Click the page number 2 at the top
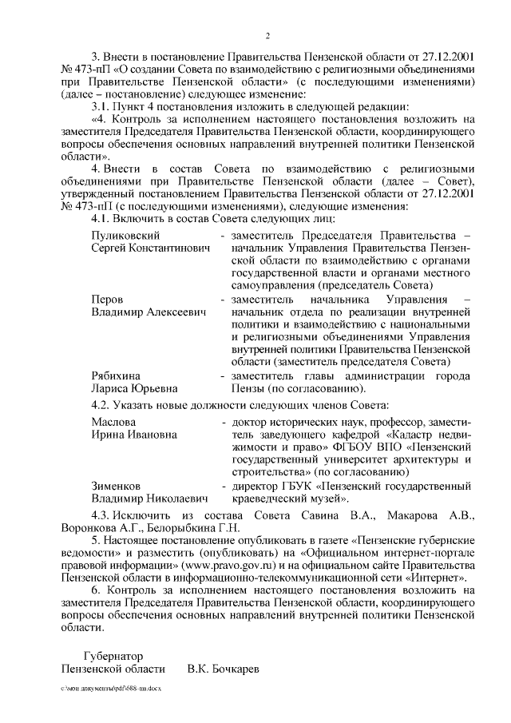tap(268, 36)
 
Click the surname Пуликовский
tap(126, 236)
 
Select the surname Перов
tap(108, 298)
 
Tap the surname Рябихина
tap(117, 375)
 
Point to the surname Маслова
tap(113, 421)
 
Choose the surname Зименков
tap(117, 485)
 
